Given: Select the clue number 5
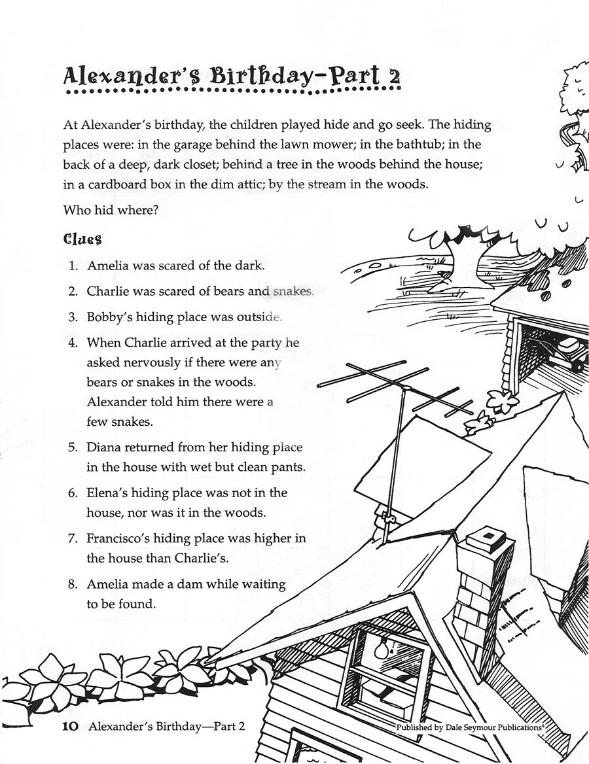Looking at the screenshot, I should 73,448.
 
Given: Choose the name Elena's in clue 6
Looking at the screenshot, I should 107,493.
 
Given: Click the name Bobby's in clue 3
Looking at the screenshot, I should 108,317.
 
